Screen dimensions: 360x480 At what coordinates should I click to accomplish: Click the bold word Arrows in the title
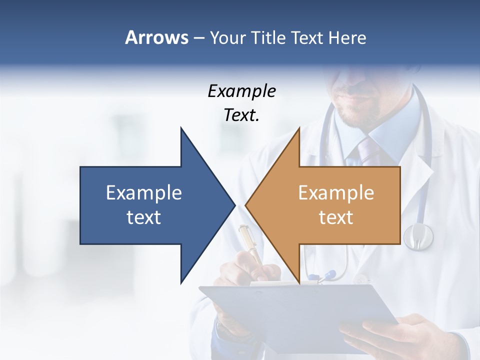tap(156, 37)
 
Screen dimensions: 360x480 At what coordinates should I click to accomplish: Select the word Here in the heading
tap(347, 37)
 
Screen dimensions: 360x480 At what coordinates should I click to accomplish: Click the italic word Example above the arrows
tap(241, 91)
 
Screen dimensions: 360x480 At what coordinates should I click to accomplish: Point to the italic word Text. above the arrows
tap(241, 115)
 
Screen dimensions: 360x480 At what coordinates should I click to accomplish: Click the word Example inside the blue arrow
tap(143, 193)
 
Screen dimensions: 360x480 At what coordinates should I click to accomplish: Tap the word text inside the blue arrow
tap(143, 217)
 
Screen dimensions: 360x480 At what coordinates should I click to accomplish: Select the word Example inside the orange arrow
tap(336, 193)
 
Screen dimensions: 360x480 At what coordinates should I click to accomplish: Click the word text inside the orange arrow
tap(336, 217)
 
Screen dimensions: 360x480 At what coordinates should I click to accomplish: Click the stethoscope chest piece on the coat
tap(418, 236)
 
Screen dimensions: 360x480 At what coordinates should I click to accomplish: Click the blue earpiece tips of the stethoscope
tap(322, 275)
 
